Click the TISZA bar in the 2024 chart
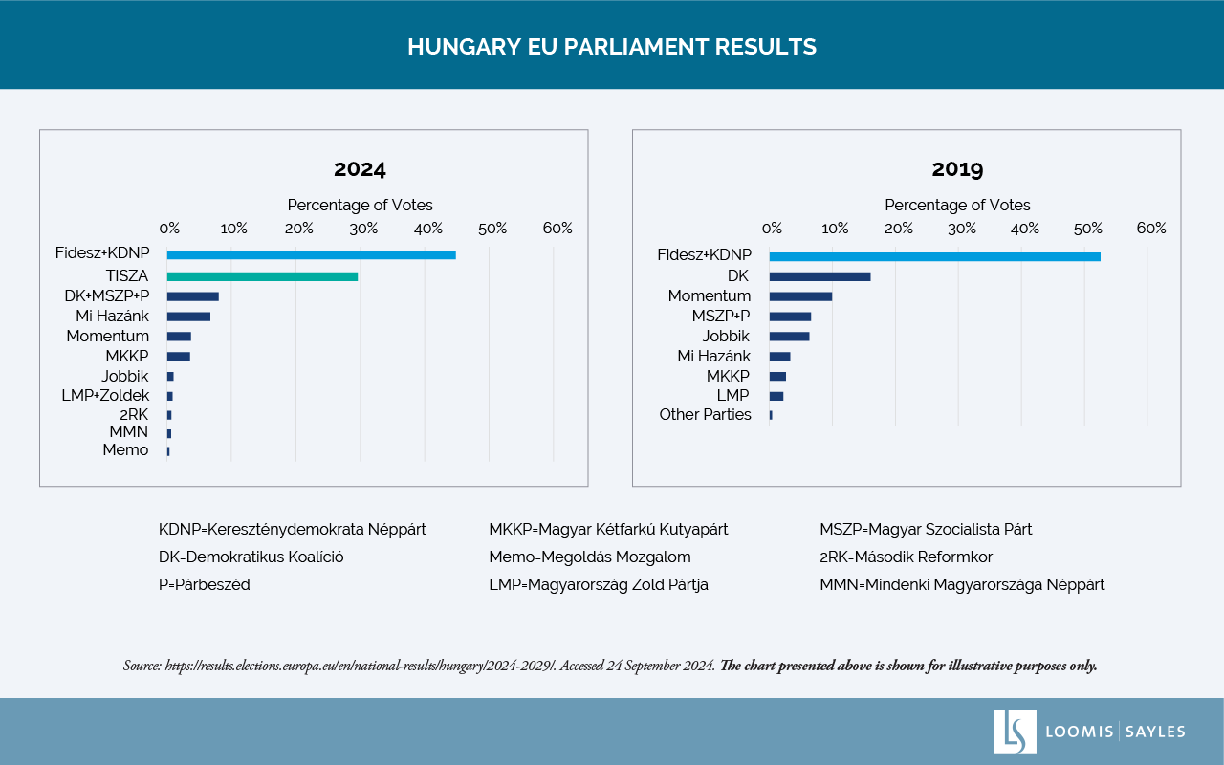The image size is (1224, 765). (x=262, y=276)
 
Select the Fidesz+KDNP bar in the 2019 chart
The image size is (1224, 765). (x=934, y=256)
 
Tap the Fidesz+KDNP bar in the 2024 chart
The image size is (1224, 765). (x=311, y=254)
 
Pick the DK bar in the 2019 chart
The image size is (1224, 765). (x=820, y=276)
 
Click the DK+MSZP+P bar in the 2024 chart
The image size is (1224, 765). (x=192, y=296)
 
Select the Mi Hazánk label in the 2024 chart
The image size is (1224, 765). (x=113, y=316)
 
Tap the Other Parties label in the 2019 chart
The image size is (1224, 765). (x=705, y=414)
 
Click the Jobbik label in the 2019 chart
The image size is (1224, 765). (x=726, y=336)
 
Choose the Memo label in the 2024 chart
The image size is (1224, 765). (x=125, y=449)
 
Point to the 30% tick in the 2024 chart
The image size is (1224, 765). (x=362, y=229)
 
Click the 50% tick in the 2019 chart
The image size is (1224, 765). (x=1087, y=229)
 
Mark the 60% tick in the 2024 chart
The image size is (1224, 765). (x=557, y=229)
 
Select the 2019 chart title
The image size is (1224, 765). (x=957, y=170)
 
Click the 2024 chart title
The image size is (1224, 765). (x=360, y=170)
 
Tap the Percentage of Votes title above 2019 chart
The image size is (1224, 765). (x=957, y=205)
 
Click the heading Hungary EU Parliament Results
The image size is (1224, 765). (x=612, y=47)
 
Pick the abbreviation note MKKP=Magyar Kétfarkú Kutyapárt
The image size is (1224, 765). (x=608, y=529)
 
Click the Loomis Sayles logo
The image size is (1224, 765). (x=1089, y=732)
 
